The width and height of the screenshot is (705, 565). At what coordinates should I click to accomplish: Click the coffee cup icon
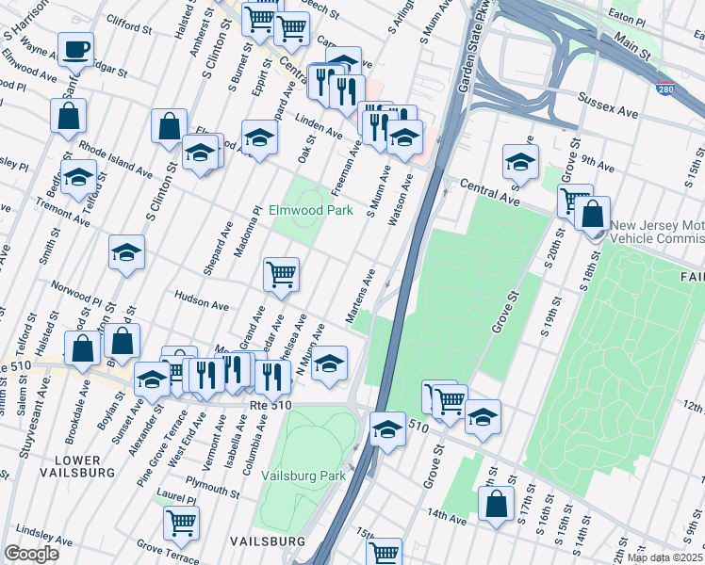pyautogui.click(x=75, y=48)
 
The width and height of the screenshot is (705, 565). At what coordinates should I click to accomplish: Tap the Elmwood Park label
pyautogui.click(x=311, y=211)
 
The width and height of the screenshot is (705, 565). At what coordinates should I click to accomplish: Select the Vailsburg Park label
pyautogui.click(x=303, y=476)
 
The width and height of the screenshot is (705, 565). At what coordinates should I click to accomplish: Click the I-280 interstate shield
pyautogui.click(x=664, y=89)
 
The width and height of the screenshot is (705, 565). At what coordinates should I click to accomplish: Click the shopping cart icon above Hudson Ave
pyautogui.click(x=281, y=274)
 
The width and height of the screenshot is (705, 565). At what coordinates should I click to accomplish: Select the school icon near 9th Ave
pyautogui.click(x=520, y=161)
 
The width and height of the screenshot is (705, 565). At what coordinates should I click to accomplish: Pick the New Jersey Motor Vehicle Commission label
pyautogui.click(x=657, y=232)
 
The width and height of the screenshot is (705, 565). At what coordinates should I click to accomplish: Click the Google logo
pyautogui.click(x=31, y=554)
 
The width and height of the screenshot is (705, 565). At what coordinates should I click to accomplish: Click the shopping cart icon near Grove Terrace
pyautogui.click(x=181, y=523)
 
